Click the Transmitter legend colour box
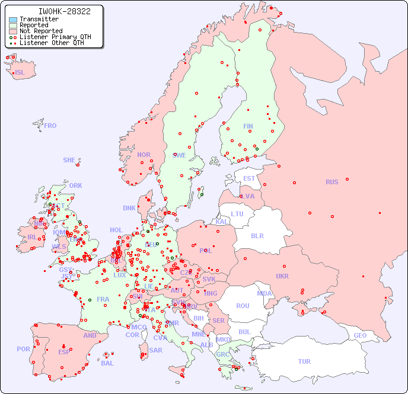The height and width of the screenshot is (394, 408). point(13,19)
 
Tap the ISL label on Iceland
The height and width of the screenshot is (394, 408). point(20,73)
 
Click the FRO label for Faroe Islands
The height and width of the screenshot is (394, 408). point(50,126)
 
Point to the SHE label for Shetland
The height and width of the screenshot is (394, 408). point(69,160)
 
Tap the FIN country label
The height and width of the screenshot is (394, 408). point(248,126)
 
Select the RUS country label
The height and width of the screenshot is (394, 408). point(332,182)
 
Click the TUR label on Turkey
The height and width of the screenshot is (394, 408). point(304,361)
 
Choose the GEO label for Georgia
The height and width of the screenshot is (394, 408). point(360,335)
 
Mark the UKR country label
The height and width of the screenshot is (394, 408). point(282,276)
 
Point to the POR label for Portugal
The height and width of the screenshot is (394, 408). point(23,349)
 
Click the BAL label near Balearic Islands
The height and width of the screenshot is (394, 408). point(107,363)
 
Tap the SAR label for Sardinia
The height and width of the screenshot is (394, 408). point(156,350)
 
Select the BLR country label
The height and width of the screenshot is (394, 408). point(257,235)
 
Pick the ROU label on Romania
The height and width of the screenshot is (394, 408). point(243,306)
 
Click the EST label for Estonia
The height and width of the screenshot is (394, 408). point(249,178)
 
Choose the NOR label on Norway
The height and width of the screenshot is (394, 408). point(144,155)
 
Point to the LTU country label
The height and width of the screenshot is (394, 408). point(237,214)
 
